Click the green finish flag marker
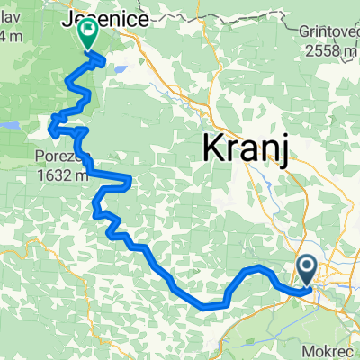point(89,35)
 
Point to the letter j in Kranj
point(283,149)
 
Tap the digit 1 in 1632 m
point(41,176)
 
